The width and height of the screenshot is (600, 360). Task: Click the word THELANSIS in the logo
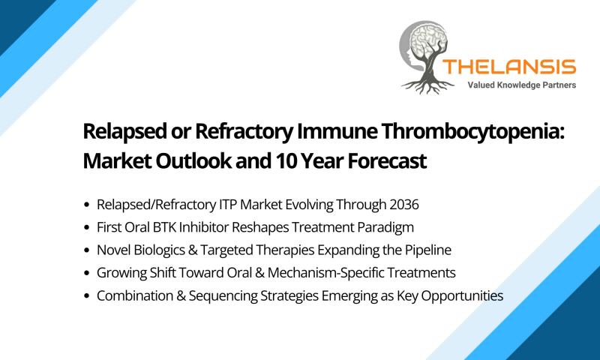tap(509, 67)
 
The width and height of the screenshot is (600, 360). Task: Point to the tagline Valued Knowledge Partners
tap(521, 85)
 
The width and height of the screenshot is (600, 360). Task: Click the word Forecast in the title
tap(387, 160)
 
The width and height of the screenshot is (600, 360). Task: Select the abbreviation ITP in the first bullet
tap(228, 205)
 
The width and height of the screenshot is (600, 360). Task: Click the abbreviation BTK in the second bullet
tap(164, 228)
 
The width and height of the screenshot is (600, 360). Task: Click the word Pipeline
tap(428, 250)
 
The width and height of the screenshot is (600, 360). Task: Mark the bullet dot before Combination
tap(87, 296)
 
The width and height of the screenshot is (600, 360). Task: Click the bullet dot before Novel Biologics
tap(87, 250)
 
